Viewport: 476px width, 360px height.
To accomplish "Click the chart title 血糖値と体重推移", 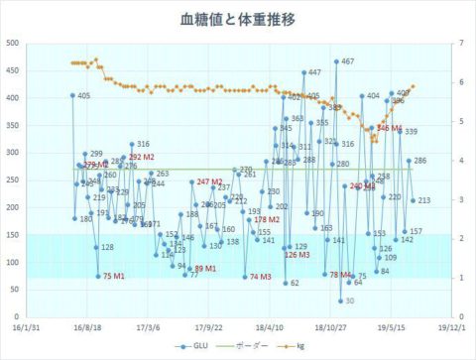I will (237, 19).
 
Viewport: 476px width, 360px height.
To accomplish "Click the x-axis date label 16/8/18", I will (87, 325).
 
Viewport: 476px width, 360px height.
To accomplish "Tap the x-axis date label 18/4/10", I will (270, 325).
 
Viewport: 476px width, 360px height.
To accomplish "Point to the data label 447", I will (313, 72).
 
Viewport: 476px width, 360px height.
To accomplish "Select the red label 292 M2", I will (142, 158).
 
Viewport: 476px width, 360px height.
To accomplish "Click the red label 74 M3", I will (261, 277).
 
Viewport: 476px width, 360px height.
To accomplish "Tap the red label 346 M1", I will (389, 129).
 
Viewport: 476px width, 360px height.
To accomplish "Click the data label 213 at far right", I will (423, 200).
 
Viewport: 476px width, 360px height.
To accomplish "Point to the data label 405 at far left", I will (84, 95).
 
